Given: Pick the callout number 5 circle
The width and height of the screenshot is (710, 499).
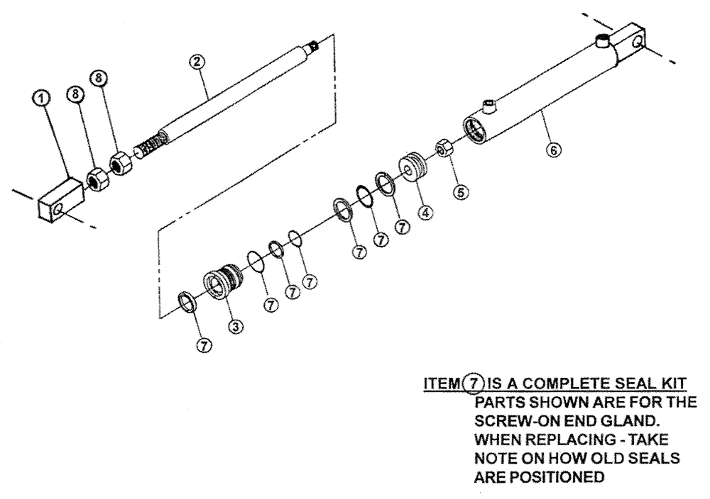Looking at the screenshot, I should [x=463, y=191].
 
